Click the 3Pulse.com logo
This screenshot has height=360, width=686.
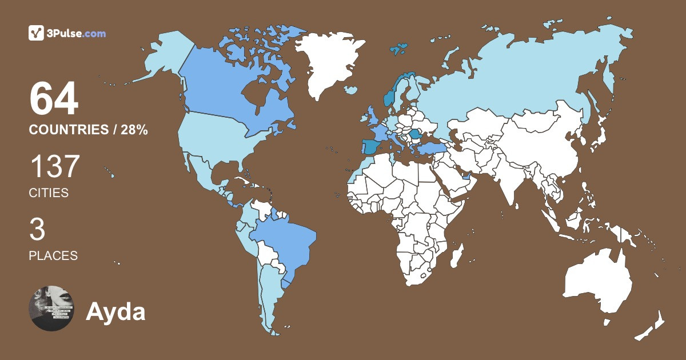(x=67, y=34)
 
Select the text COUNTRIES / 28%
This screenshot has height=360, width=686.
(x=89, y=130)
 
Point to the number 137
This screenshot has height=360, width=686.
(x=54, y=168)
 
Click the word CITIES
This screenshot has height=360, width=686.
(x=49, y=193)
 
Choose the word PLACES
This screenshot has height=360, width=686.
(x=53, y=255)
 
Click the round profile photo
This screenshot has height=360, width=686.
(x=51, y=308)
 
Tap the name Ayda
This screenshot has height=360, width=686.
(x=115, y=312)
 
